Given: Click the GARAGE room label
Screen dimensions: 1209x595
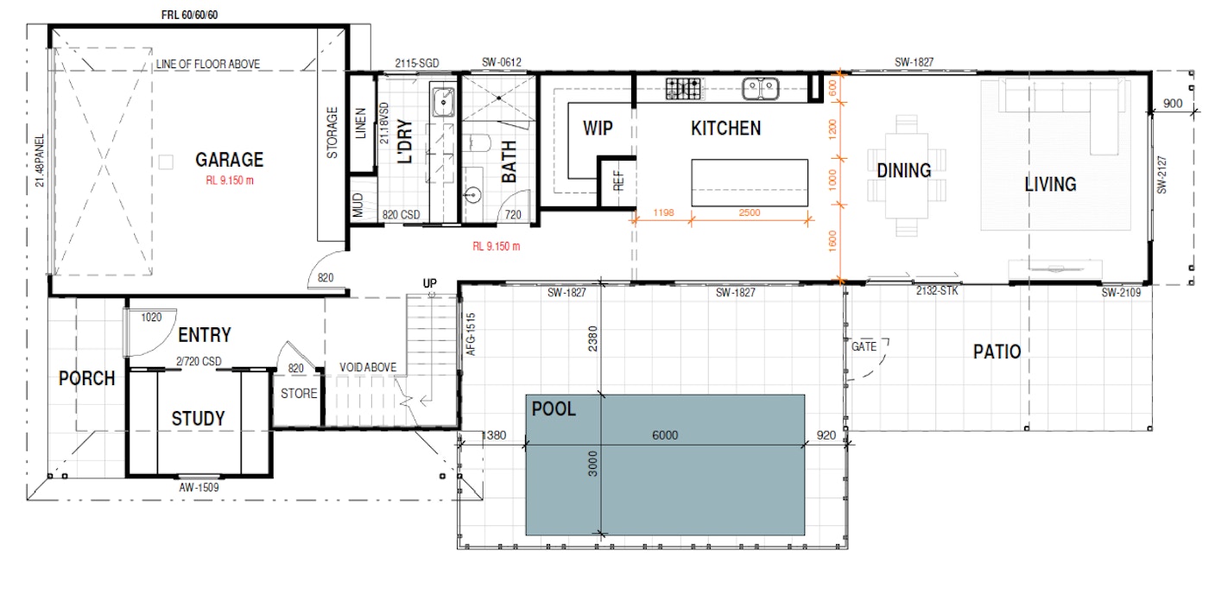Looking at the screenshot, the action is coord(230,160).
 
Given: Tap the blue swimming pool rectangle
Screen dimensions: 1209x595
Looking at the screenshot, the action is coord(665,465).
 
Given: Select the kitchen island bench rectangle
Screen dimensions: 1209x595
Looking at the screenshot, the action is coord(750,182).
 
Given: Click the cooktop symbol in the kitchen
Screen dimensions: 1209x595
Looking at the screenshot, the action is coord(683,89).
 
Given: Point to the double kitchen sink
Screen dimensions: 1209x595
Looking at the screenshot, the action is coord(761,89).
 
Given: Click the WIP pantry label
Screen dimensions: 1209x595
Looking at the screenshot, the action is coord(598,129).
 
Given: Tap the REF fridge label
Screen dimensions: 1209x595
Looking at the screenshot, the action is coord(618,180).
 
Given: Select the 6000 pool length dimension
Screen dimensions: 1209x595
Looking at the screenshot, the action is coord(665,435).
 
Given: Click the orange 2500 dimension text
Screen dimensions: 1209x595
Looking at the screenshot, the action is coord(750,212).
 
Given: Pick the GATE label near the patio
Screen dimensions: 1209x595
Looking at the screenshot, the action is coord(864,346).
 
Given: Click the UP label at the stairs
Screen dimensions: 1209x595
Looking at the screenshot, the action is coord(430,283).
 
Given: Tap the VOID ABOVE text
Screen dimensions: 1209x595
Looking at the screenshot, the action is coord(368,368).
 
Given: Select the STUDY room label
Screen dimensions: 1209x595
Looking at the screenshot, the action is coord(198,419).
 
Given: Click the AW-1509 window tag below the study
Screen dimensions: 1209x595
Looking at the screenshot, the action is coord(199,488).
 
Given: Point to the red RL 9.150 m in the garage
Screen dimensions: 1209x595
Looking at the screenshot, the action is coord(230,180).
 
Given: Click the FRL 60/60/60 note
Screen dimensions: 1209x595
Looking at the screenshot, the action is coord(189,16).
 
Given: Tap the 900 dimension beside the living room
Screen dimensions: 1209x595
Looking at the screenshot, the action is coord(1173,103).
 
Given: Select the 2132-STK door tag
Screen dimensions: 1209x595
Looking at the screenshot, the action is coord(937,291).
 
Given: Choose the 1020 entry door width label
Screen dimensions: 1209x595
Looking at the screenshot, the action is coord(151,318).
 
